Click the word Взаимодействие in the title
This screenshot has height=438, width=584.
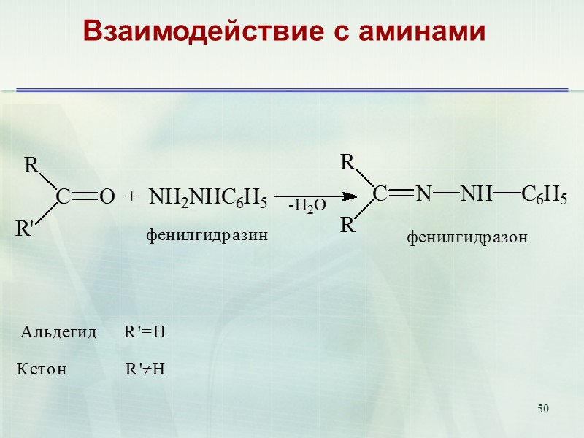click(185, 31)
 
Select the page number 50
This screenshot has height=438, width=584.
click(542, 407)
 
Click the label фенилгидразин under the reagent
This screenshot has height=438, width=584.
click(208, 236)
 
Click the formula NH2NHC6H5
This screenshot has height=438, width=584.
click(208, 197)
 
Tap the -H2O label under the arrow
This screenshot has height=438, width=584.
click(307, 207)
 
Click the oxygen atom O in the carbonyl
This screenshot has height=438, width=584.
click(107, 197)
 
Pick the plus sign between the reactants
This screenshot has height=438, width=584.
click(131, 196)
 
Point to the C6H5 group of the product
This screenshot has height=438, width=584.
click(544, 194)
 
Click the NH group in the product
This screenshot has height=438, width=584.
click(476, 193)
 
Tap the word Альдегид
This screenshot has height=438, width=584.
click(59, 333)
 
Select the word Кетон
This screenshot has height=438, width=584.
click(42, 369)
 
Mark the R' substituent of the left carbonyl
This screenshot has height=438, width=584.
click(26, 229)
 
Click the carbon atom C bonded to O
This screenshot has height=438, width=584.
click(64, 197)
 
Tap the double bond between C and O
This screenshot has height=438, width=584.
click(85, 197)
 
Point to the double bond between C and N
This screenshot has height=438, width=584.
click(401, 194)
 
